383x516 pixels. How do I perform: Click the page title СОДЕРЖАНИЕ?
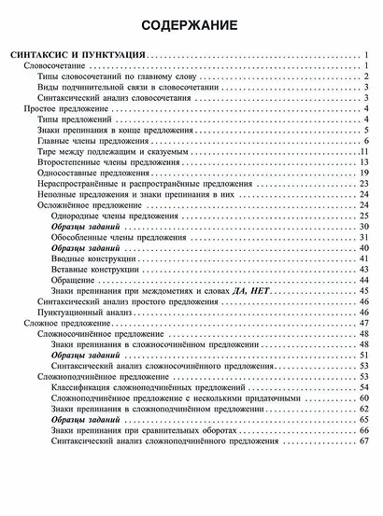(191, 24)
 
